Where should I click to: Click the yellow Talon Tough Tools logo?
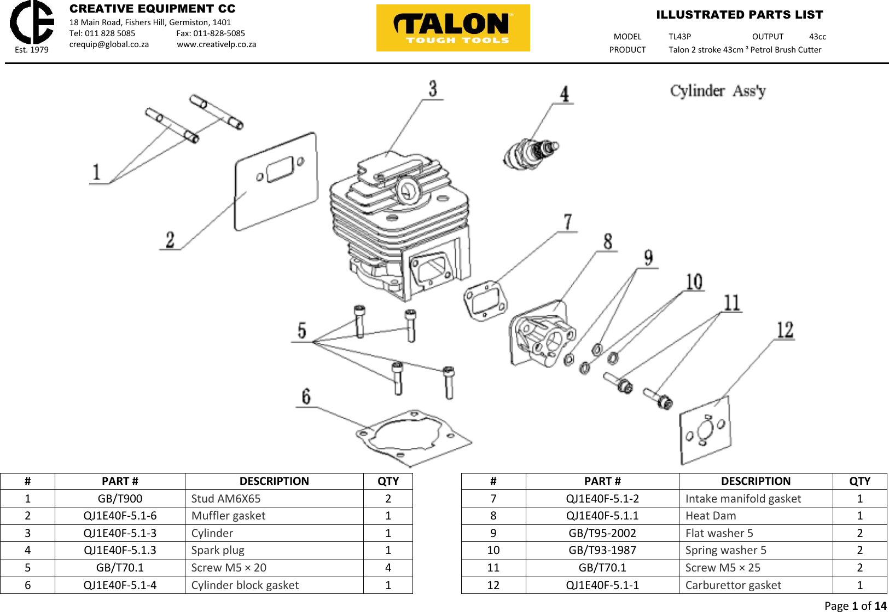pos(453,28)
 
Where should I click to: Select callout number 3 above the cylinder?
pos(433,89)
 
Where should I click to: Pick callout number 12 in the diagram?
pos(785,330)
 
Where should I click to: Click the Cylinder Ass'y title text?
pos(718,91)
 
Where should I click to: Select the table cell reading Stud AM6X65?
pos(226,499)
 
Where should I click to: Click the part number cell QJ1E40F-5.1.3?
pos(120,550)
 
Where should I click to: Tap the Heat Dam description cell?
pos(711,516)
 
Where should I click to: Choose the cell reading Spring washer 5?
pos(726,550)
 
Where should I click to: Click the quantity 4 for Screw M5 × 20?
pos(388,568)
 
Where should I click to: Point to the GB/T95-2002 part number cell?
pos(602,533)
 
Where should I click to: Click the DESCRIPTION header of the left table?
pos(274,481)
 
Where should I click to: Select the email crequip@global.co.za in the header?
pos(109,44)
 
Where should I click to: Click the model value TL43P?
pos(679,37)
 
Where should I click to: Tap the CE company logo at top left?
pos(32,23)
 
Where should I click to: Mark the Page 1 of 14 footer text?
pos(855,605)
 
